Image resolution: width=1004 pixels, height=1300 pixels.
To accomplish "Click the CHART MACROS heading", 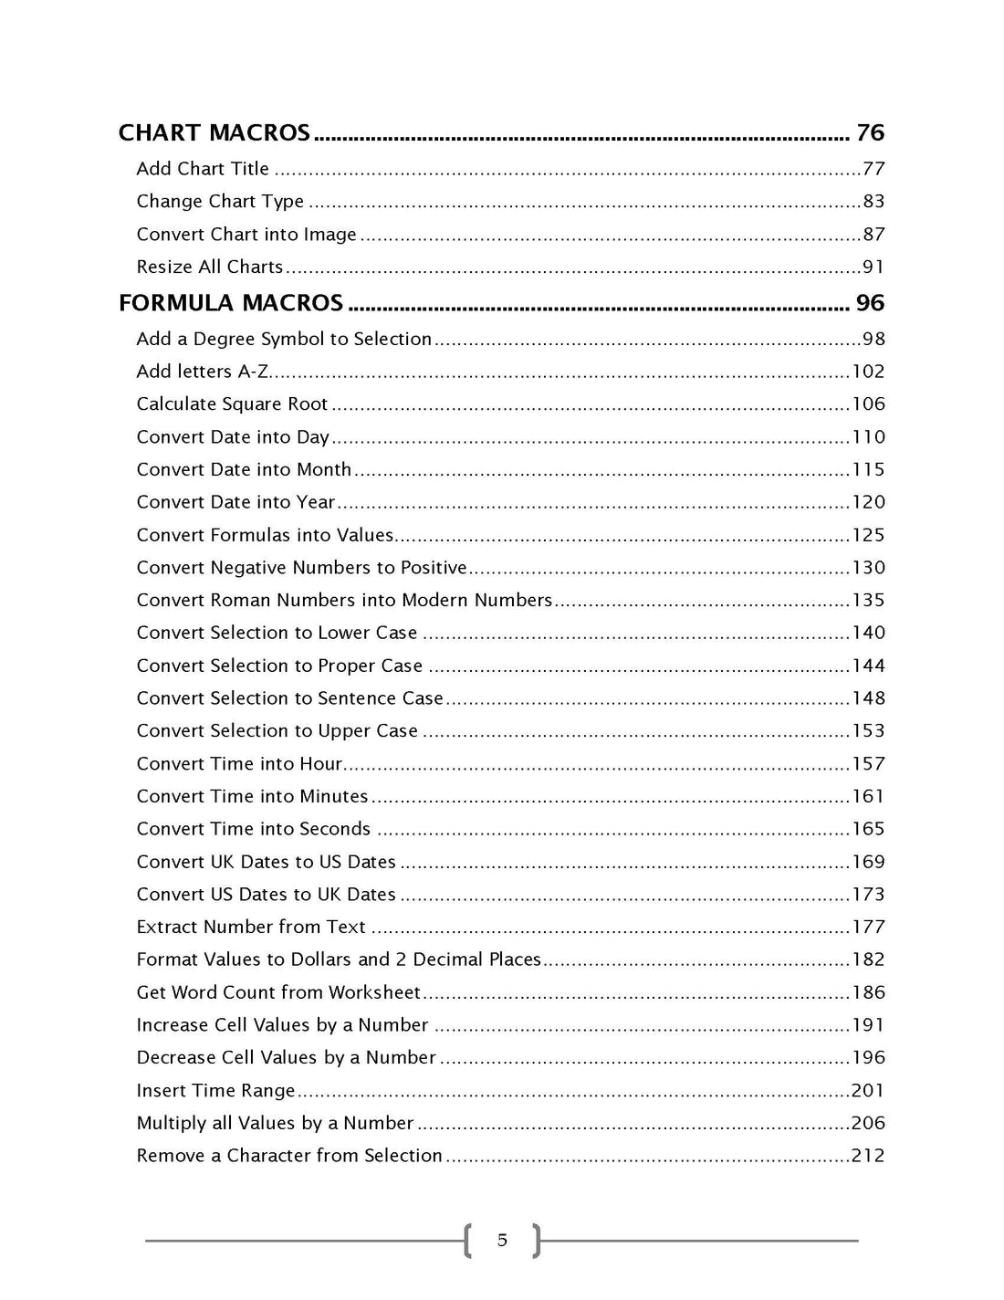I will coord(214,133).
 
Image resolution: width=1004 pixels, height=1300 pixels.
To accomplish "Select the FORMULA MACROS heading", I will coord(231,303).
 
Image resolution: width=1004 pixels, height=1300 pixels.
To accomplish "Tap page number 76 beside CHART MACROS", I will coord(870,133).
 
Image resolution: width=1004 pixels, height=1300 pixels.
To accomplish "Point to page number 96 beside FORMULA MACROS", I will coord(870,303).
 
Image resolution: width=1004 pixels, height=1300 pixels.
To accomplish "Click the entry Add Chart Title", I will coord(203,169).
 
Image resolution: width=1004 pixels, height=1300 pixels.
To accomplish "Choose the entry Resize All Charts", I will coord(210,267).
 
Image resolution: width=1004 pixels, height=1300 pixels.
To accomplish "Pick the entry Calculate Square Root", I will coord(232,404).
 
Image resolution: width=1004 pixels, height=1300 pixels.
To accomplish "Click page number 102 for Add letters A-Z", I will coord(868,372).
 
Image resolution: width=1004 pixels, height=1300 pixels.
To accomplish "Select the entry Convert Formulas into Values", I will coord(265,535).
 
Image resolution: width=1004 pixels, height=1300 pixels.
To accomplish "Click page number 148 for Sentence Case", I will coord(868,698).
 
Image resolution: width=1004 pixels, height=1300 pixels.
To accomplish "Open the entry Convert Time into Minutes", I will coord(252,797).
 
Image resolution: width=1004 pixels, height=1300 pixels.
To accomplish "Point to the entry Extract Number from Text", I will coord(251,928).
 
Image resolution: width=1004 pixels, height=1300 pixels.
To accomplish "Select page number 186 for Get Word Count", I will coord(868,992).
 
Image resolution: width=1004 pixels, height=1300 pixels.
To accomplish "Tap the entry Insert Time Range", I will coord(215,1091).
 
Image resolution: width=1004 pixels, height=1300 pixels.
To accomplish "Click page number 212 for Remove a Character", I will coord(868,1156).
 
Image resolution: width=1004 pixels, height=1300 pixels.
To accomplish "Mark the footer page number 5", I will coord(502,1240).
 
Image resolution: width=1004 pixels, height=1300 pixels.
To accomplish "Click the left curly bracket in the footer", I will coord(468,1241).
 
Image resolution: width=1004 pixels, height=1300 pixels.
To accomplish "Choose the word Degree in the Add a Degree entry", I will coord(224,340).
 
